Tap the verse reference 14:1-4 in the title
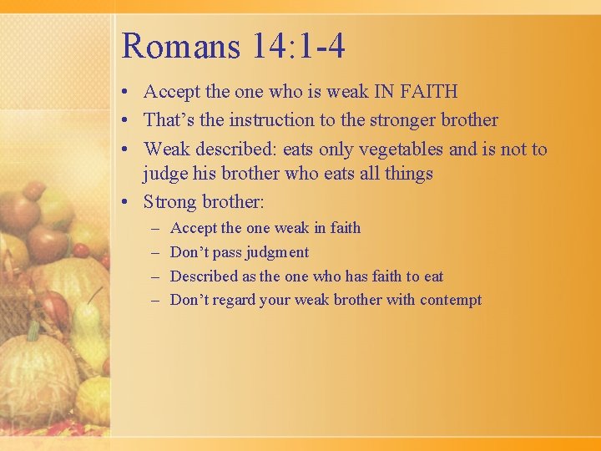[298, 47]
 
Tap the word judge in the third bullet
[164, 174]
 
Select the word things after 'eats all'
[407, 174]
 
